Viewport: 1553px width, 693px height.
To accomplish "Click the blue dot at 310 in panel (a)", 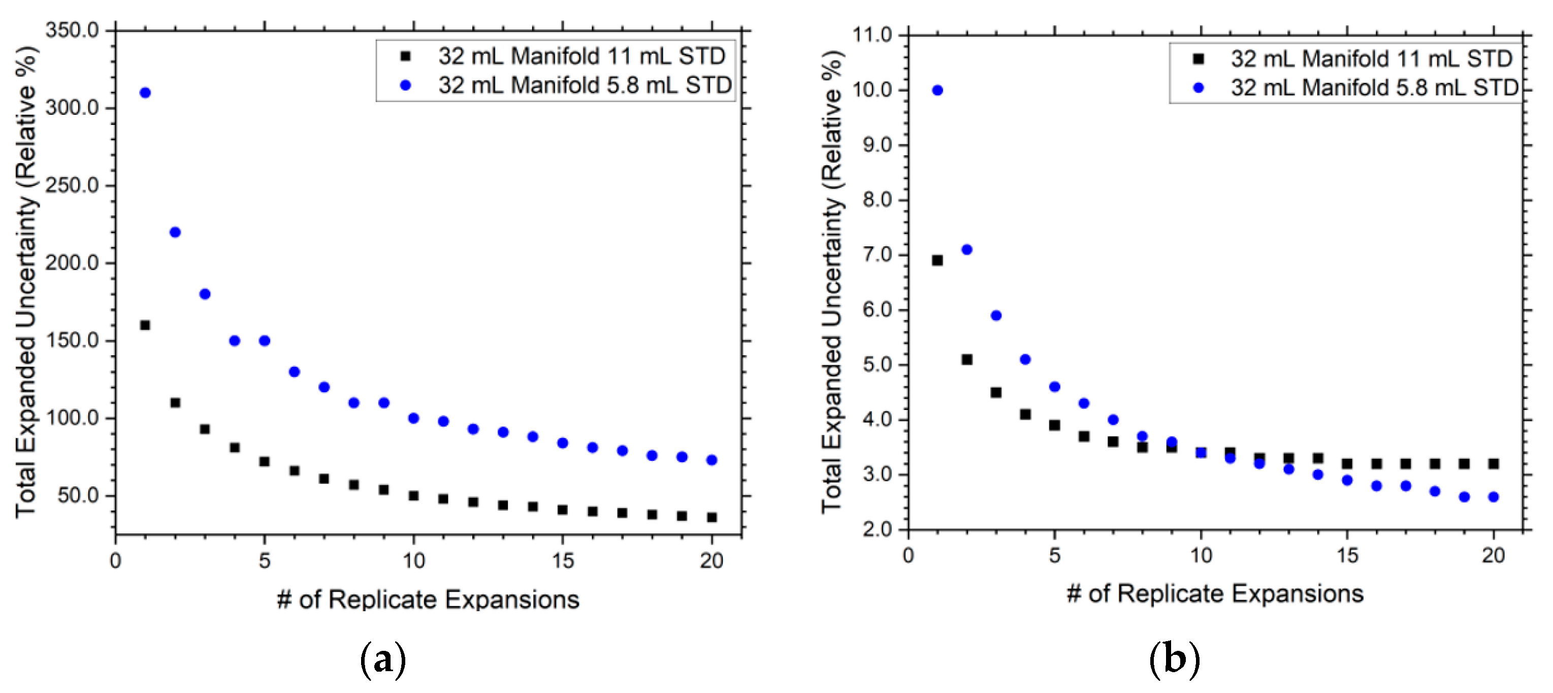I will click(145, 93).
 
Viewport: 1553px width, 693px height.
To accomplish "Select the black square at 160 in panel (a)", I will click(145, 325).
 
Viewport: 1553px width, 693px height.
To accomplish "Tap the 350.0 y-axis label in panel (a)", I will click(72, 30).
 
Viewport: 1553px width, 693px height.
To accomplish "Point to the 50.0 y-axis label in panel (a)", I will click(78, 495).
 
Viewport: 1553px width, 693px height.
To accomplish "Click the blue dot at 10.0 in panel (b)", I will click(937, 90).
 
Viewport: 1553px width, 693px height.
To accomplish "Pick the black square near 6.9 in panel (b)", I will click(937, 261).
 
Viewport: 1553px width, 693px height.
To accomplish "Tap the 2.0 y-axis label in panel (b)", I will click(877, 529).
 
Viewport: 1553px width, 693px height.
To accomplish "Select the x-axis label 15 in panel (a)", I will click(563, 561).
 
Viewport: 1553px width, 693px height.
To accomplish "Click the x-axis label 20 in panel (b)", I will click(1493, 555).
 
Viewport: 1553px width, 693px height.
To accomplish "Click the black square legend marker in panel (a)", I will click(406, 56).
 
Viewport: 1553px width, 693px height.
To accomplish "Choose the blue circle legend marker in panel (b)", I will click(1199, 88).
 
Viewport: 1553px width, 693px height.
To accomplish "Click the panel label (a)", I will click(383, 660).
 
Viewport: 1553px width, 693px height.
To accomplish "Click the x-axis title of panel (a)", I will click(428, 600).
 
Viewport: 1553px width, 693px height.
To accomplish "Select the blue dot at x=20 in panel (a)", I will click(711, 460).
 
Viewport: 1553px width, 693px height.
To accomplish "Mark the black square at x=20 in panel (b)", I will click(1493, 464).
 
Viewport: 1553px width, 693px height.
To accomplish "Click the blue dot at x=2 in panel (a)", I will click(175, 232).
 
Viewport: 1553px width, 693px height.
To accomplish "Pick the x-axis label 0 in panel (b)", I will click(908, 555).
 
